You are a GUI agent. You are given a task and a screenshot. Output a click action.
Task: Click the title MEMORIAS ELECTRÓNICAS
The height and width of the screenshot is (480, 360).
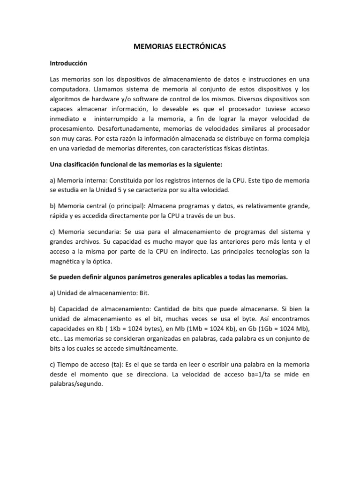180,46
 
